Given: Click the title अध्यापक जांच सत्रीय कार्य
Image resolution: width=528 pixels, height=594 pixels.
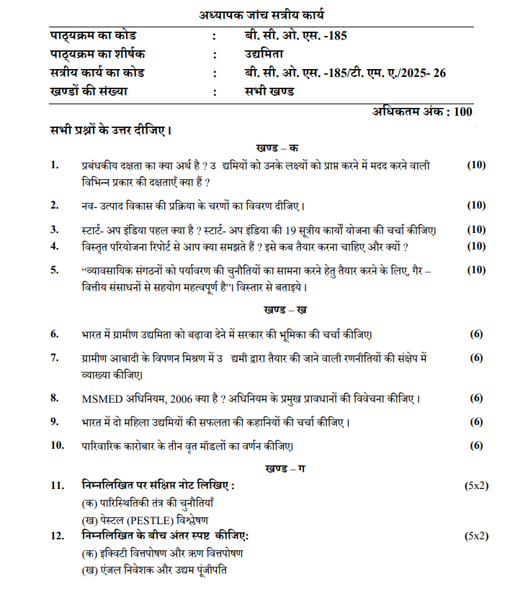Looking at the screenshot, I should pyautogui.click(x=263, y=14).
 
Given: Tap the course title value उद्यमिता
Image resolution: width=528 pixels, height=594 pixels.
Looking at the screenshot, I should pyautogui.click(x=264, y=55).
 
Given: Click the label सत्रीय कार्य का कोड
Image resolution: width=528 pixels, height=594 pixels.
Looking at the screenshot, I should pyautogui.click(x=97, y=73).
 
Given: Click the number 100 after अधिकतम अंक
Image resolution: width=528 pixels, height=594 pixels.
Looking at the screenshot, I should pyautogui.click(x=463, y=111).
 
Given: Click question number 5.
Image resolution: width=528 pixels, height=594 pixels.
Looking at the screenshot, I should pyautogui.click(x=54, y=270).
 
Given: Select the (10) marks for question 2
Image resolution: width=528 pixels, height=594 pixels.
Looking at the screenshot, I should pyautogui.click(x=476, y=205).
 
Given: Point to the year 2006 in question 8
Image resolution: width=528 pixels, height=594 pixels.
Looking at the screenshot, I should pyautogui.click(x=185, y=398).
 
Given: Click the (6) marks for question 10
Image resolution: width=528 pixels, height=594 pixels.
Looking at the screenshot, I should pyautogui.click(x=476, y=445).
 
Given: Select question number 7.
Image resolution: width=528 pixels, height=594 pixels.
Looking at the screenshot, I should pyautogui.click(x=54, y=357).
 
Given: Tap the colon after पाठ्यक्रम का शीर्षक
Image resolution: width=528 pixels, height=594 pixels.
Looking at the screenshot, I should pyautogui.click(x=214, y=55).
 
